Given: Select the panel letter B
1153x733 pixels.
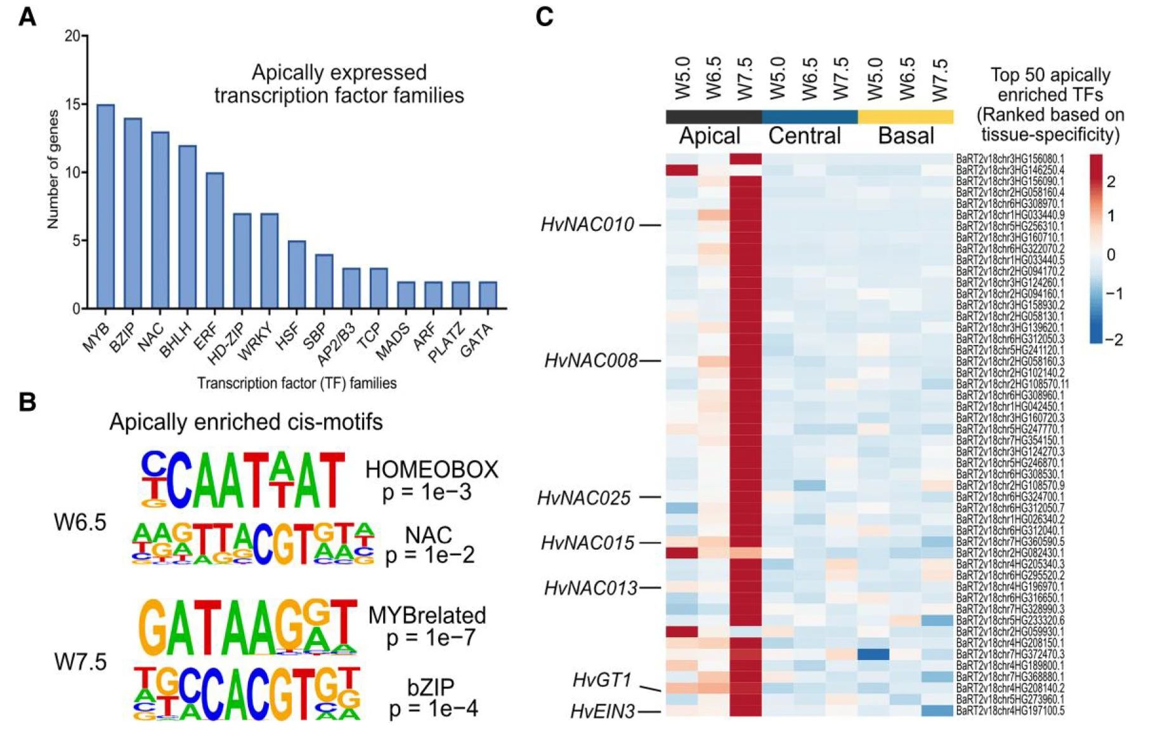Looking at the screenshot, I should tap(27, 402).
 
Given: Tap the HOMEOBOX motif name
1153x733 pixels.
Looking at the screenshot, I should tap(432, 470).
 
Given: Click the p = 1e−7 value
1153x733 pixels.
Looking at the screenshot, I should tap(431, 638).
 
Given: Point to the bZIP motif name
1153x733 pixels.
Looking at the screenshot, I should tap(431, 687).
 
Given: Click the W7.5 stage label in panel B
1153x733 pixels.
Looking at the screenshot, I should tap(81, 662).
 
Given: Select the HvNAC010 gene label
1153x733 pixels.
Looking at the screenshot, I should tap(587, 225).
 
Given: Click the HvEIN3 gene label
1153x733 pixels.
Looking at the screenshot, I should tap(603, 712).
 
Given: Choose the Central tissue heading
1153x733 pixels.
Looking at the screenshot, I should tap(804, 136).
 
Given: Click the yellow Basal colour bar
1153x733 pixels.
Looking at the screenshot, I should tap(906, 117).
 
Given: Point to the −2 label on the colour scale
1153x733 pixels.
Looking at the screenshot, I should tap(1114, 340).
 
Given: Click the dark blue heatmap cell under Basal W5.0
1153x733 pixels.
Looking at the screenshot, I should tap(873, 654).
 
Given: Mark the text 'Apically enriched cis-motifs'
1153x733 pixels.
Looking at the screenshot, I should tap(246, 422).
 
